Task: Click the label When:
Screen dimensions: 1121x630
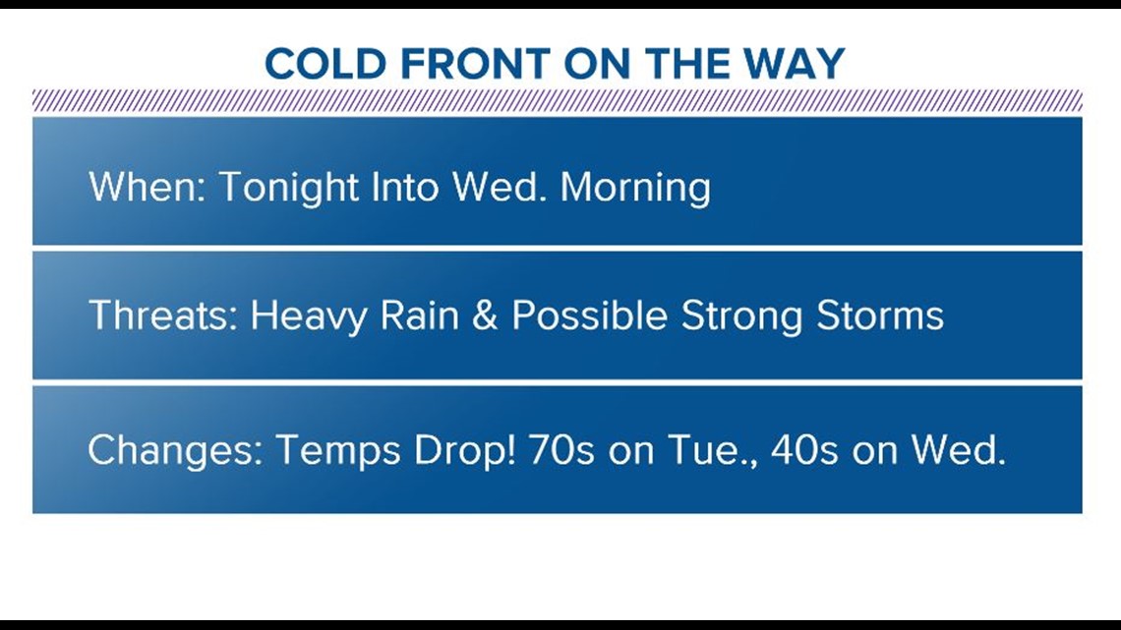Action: [x=147, y=187]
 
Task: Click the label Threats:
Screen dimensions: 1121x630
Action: [x=163, y=315]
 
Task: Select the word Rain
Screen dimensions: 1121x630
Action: [x=419, y=315]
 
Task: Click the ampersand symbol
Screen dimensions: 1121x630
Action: [x=485, y=315]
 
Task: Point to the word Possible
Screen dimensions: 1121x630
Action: [x=590, y=315]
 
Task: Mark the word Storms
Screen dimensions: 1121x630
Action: [x=880, y=315]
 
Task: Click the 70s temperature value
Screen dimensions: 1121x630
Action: [x=561, y=449]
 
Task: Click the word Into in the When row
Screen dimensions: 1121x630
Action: [x=405, y=187]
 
